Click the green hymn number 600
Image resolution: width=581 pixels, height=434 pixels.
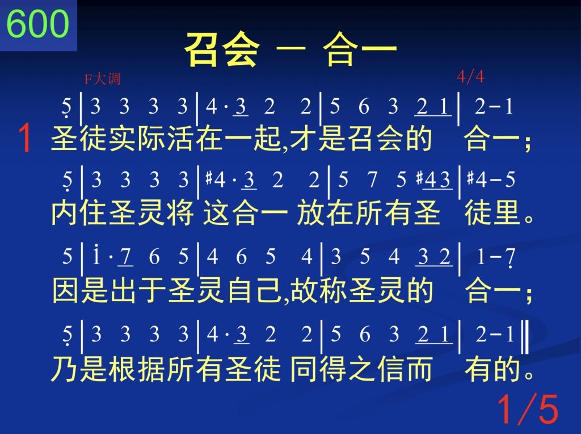[38, 23]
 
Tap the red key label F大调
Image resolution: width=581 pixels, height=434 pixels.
[102, 79]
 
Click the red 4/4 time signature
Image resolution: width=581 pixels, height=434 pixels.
[470, 77]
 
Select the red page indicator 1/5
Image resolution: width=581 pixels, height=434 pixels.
[528, 409]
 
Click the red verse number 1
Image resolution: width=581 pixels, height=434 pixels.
[25, 138]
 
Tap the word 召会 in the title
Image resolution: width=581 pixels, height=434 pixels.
[222, 49]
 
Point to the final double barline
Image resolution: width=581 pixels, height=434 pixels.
[525, 337]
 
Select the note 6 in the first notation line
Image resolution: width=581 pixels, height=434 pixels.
[364, 106]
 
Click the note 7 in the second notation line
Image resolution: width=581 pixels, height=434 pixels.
[372, 180]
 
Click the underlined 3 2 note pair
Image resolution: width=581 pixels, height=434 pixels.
[433, 257]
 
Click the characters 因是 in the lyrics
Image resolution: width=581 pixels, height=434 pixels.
[81, 290]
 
